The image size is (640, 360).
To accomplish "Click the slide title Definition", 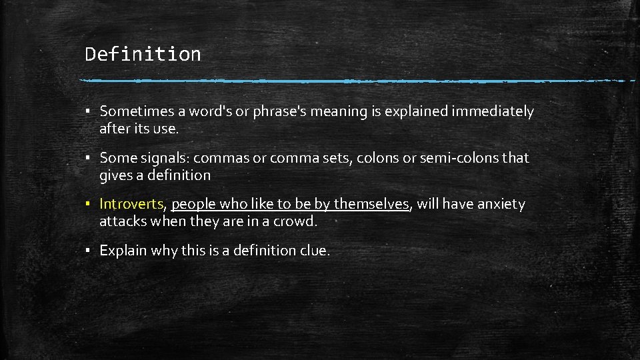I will pos(143,54).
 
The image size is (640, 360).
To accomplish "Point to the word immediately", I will pos(493,111).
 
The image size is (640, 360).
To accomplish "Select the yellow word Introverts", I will pos(131,204).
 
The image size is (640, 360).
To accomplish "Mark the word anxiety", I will pos(499,204).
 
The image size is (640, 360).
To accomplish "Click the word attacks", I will pos(123,221).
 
